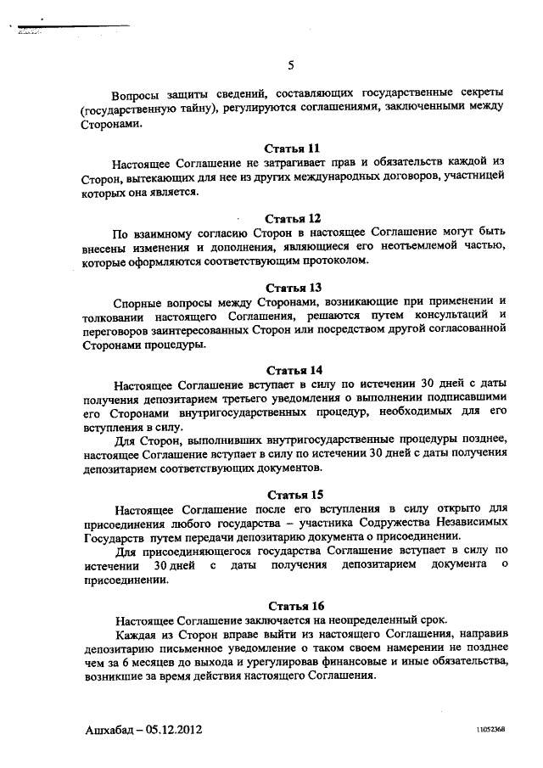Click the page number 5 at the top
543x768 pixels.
click(291, 66)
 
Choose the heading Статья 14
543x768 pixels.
click(294, 370)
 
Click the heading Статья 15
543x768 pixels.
click(294, 494)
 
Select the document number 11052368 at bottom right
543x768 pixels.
click(490, 731)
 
